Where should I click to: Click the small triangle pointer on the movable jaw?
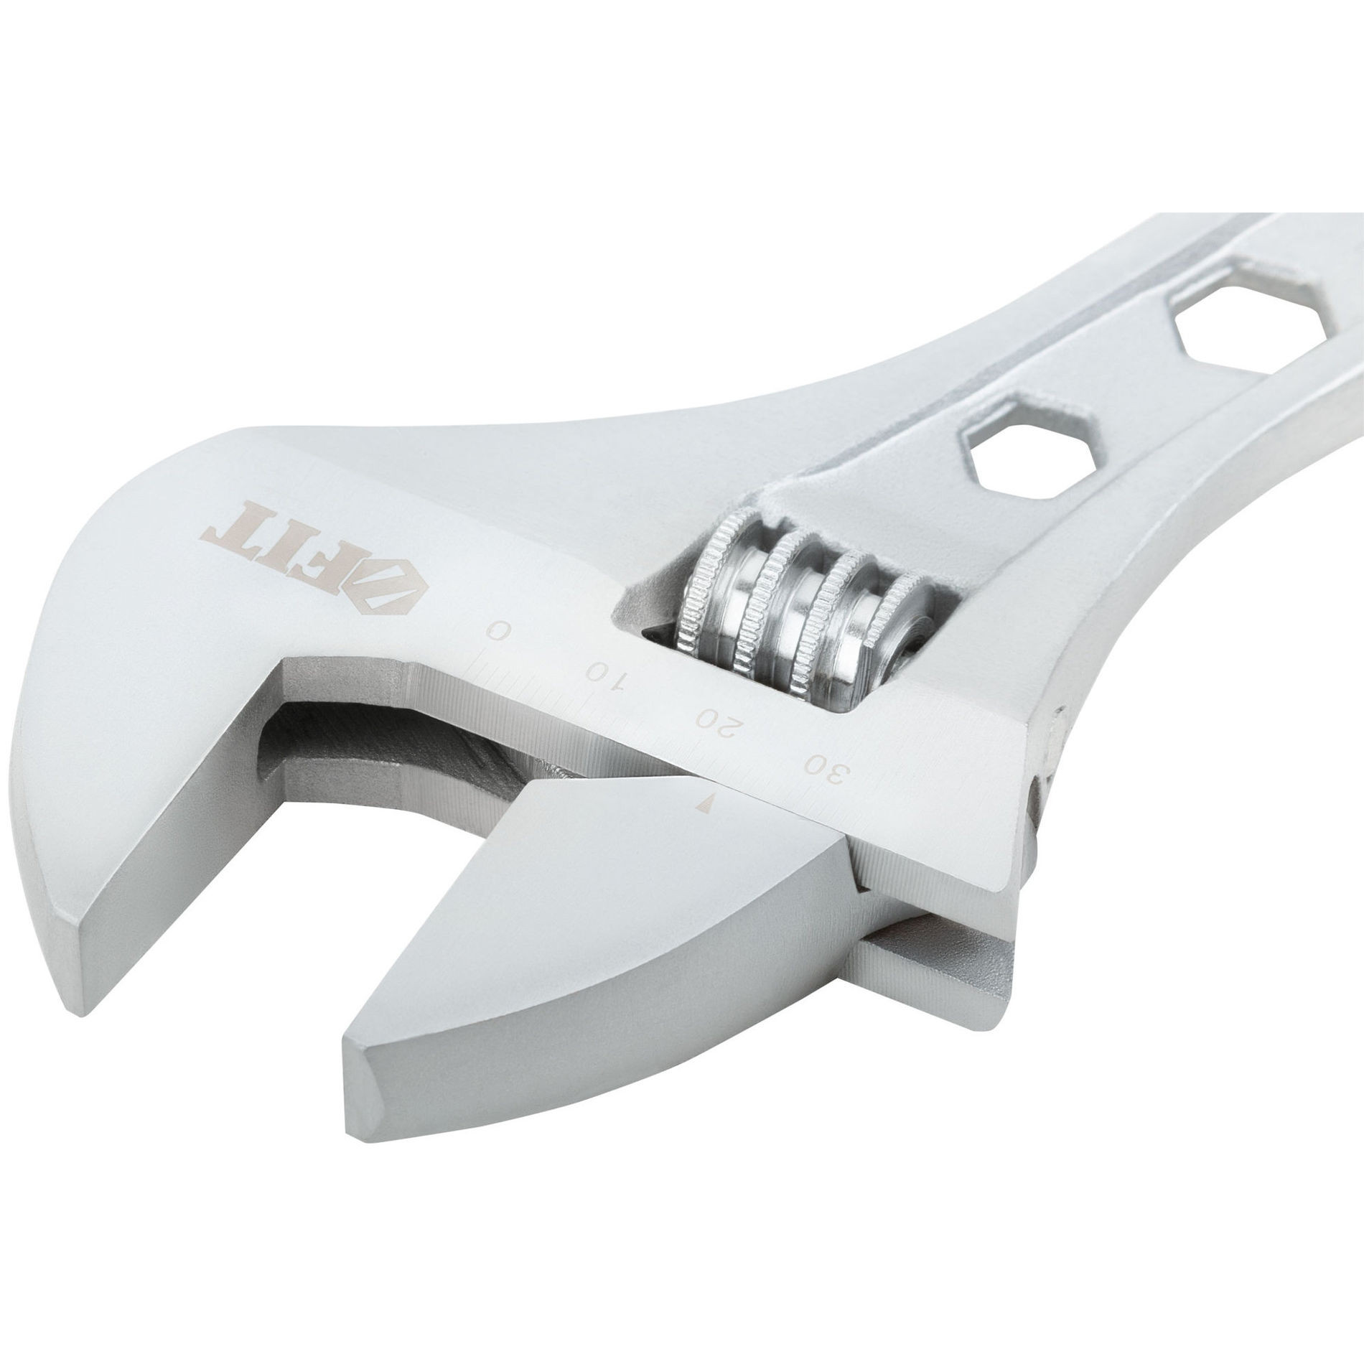click(x=706, y=803)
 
